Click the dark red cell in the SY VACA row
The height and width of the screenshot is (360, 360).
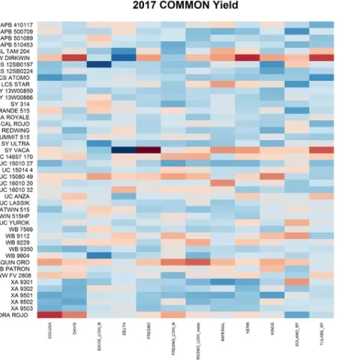(x=148, y=150)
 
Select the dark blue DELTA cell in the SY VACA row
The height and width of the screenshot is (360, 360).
(x=124, y=150)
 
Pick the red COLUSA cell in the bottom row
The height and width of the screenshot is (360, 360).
(x=50, y=315)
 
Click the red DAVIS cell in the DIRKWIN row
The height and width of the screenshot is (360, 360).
(x=74, y=57)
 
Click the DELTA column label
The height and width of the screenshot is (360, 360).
(x=124, y=327)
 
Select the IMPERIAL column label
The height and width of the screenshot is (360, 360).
(x=223, y=330)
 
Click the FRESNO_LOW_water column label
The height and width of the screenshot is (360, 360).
(x=198, y=336)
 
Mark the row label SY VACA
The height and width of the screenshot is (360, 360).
(x=19, y=150)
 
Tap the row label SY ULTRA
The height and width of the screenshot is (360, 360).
(x=16, y=143)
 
